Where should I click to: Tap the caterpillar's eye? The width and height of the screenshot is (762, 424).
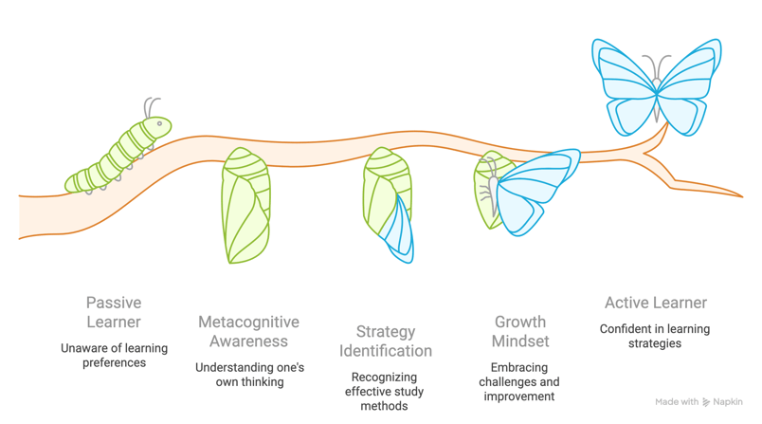coord(161,123)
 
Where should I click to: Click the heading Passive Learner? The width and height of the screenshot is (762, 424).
coord(114,312)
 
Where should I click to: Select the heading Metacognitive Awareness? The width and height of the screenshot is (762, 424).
coord(248,331)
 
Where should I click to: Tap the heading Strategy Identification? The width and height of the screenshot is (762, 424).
coord(386,341)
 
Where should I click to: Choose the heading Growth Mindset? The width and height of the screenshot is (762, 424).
coord(520,331)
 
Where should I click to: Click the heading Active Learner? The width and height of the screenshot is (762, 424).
coord(656,303)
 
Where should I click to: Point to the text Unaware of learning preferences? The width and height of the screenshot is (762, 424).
coord(114,355)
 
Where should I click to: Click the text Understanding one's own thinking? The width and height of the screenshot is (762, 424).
coord(249,374)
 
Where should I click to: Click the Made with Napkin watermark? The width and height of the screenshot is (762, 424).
coord(699,402)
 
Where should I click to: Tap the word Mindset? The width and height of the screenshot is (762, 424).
coord(520,341)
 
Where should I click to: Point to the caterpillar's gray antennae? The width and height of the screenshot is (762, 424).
coord(150,105)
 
